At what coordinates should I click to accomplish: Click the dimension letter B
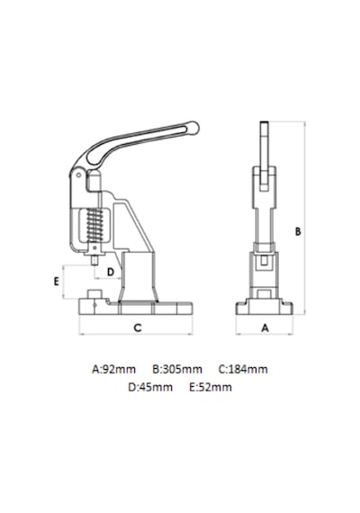[x=298, y=231]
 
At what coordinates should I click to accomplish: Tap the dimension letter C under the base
[x=138, y=328]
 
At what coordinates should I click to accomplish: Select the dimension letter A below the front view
[x=265, y=328]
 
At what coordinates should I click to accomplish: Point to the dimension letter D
[x=111, y=272]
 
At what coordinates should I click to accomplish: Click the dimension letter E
[x=57, y=282]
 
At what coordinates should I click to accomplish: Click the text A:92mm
[x=113, y=369]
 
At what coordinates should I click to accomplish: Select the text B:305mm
[x=177, y=369]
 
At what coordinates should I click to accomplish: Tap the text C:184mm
[x=243, y=369]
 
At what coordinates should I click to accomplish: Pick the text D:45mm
[x=150, y=387]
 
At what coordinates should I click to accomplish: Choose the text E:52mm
[x=211, y=387]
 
